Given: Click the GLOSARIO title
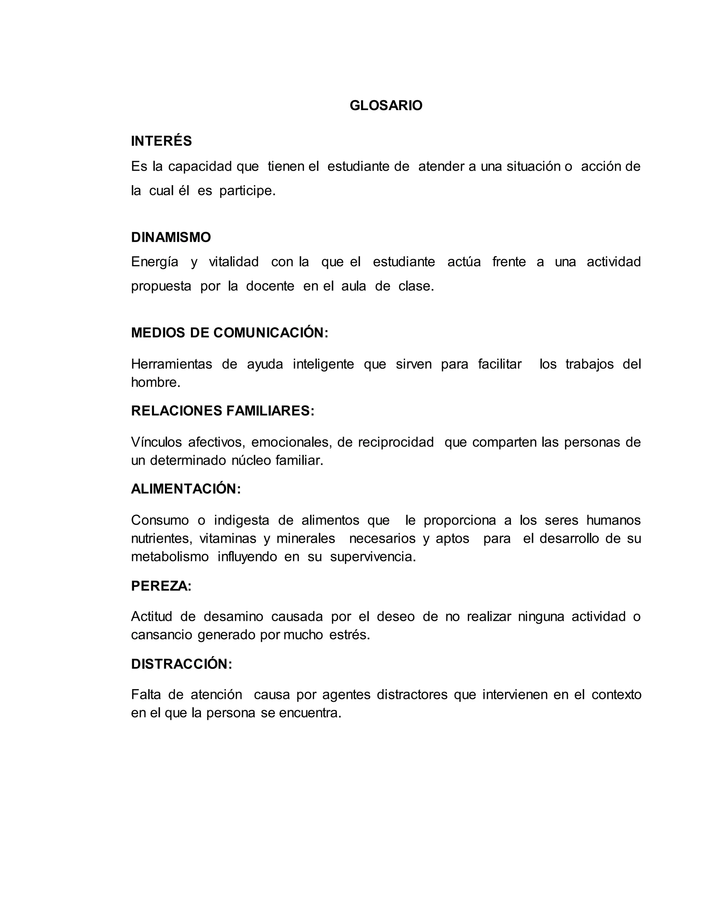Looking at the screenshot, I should [386, 106].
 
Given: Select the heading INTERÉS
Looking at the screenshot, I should [161, 141].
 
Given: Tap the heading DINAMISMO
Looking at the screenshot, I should [171, 237].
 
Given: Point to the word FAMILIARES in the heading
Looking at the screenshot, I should [270, 411].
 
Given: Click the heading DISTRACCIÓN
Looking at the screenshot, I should [181, 664].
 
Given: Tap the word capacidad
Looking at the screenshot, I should [200, 167].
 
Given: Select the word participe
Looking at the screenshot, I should [247, 191].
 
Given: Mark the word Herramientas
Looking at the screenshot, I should [172, 364].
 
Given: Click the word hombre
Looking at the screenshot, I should [155, 382].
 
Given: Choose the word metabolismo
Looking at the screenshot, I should [170, 557].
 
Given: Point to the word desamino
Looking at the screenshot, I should [233, 617].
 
